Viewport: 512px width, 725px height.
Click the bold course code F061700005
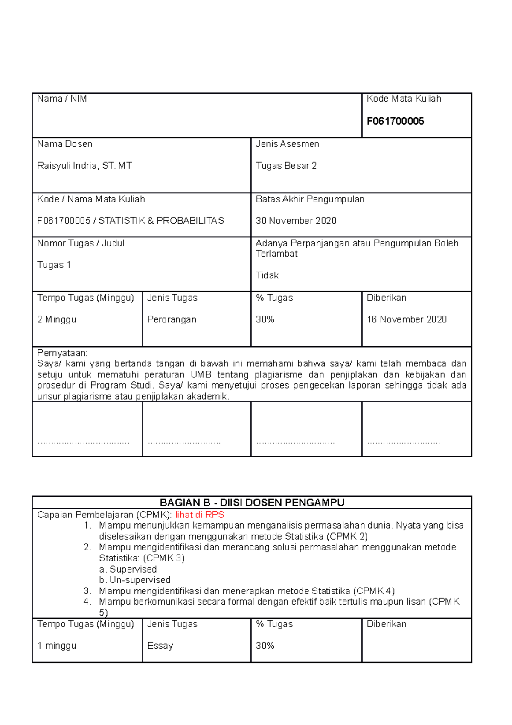click(395, 121)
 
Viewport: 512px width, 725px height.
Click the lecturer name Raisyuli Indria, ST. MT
click(84, 166)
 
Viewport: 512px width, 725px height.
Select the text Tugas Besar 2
click(286, 166)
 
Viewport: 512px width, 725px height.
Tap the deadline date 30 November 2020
click(296, 221)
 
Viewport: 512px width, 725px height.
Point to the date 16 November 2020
click(407, 319)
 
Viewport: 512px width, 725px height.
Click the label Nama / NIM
click(62, 99)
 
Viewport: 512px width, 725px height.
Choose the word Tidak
click(267, 275)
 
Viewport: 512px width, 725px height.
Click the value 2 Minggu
click(57, 319)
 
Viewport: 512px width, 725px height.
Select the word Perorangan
click(172, 319)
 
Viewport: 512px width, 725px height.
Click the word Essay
click(160, 646)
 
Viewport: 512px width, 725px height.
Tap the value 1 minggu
click(57, 646)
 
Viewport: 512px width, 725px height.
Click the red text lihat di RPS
click(199, 515)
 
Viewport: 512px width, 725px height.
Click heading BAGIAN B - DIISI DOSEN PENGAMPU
click(252, 503)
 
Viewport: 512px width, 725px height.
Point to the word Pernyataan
click(62, 353)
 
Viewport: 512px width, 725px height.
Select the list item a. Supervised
click(128, 569)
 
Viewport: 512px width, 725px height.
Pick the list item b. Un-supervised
click(134, 580)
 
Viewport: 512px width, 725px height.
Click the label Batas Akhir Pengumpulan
click(310, 199)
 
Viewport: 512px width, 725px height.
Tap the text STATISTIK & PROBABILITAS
click(161, 221)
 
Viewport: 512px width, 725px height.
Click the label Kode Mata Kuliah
click(404, 99)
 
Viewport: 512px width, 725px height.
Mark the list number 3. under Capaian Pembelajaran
click(87, 591)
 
